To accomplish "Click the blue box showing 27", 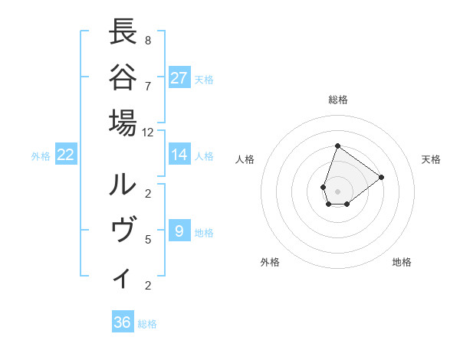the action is coord(179,77).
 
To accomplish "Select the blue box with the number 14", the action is coord(179,155).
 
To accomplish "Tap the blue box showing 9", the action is coord(179,231).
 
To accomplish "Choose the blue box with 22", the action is coord(66,155).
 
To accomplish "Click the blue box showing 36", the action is coord(123,322).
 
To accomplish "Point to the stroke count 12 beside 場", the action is coord(148,132).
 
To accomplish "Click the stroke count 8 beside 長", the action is coord(148,40).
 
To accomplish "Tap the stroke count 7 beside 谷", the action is coord(148,86).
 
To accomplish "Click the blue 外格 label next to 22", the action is coord(41,155).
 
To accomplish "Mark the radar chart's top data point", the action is coord(337,146).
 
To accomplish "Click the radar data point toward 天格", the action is coord(381,177).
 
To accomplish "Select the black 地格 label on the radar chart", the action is coord(402,263).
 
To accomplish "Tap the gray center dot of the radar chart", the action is coord(337,191).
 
